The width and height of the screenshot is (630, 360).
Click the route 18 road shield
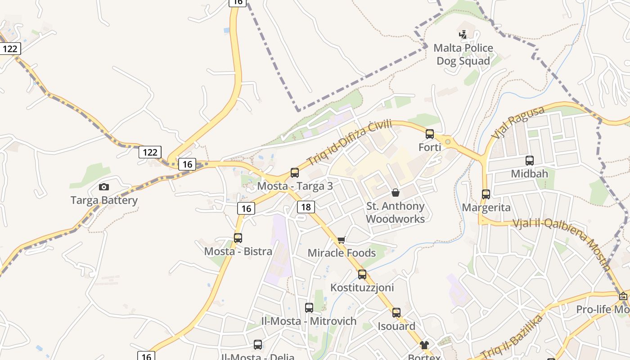pyautogui.click(x=306, y=207)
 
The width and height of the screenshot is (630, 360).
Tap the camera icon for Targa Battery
pyautogui.click(x=104, y=187)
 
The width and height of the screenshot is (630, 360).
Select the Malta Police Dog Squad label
pyautogui.click(x=463, y=54)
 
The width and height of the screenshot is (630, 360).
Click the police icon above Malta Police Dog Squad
pyautogui.click(x=463, y=34)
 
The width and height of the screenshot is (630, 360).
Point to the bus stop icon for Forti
pyautogui.click(x=430, y=134)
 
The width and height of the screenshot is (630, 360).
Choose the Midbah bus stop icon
pyautogui.click(x=530, y=160)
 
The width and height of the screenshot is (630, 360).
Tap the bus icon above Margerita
pyautogui.click(x=486, y=194)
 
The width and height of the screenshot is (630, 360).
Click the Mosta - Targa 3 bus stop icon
pyautogui.click(x=295, y=172)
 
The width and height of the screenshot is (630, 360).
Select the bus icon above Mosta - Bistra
pyautogui.click(x=238, y=238)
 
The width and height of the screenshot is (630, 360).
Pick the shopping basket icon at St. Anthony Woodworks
pyautogui.click(x=396, y=193)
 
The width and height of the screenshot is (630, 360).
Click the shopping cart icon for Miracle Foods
pyautogui.click(x=341, y=240)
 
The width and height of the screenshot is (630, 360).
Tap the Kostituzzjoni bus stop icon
pyautogui.click(x=362, y=274)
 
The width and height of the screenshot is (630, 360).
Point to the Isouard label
pyautogui.click(x=396, y=326)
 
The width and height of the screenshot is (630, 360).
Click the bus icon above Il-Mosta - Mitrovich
pyautogui.click(x=309, y=308)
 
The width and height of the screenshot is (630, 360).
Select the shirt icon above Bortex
pyautogui.click(x=424, y=345)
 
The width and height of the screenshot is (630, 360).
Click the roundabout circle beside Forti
pyautogui.click(x=448, y=142)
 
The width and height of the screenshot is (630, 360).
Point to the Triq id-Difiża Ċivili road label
pyautogui.click(x=349, y=142)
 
